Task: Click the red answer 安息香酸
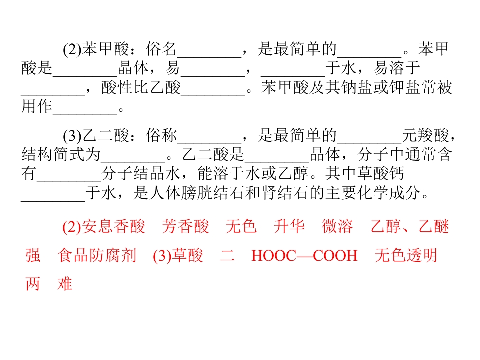click(x=113, y=227)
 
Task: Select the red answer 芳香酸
click(x=185, y=227)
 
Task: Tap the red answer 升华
click(x=289, y=227)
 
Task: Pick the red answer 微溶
click(x=337, y=227)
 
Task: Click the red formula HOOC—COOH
click(x=304, y=256)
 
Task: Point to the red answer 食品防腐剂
click(x=96, y=255)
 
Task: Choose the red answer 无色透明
click(x=406, y=255)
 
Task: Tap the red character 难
click(x=65, y=284)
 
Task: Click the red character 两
click(x=33, y=284)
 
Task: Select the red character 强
click(x=33, y=255)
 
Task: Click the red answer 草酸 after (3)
click(x=187, y=255)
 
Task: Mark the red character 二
click(x=227, y=255)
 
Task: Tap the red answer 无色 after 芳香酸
click(x=241, y=227)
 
